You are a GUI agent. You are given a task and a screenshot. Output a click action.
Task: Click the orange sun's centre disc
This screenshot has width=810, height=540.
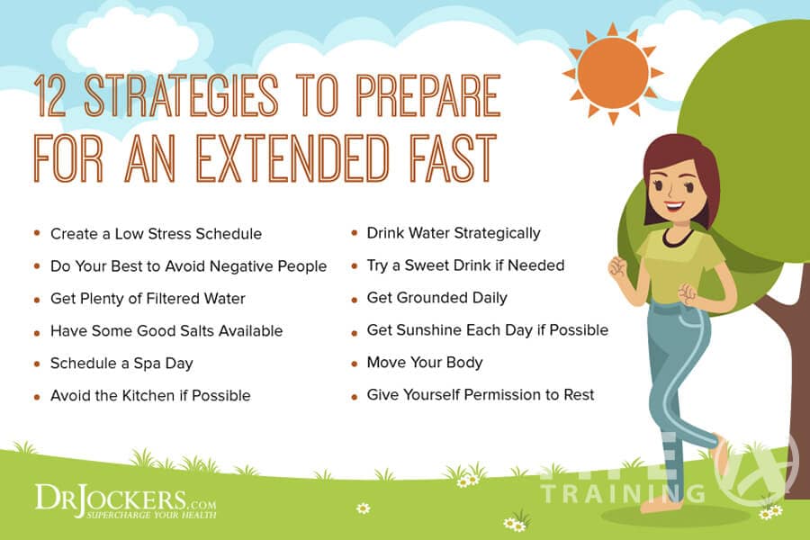pyautogui.click(x=613, y=73)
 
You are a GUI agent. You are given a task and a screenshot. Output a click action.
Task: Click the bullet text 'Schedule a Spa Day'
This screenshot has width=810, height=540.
pyautogui.click(x=121, y=364)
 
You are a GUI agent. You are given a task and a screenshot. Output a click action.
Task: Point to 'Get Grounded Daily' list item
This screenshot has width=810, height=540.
pyautogui.click(x=436, y=298)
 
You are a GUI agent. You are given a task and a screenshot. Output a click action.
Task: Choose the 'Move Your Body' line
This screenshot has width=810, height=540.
pyautogui.click(x=424, y=363)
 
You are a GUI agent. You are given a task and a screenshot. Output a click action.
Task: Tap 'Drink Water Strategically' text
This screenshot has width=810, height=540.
pyautogui.click(x=453, y=233)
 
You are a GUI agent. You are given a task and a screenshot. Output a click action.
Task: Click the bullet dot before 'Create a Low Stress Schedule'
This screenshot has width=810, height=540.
pyautogui.click(x=36, y=233)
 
